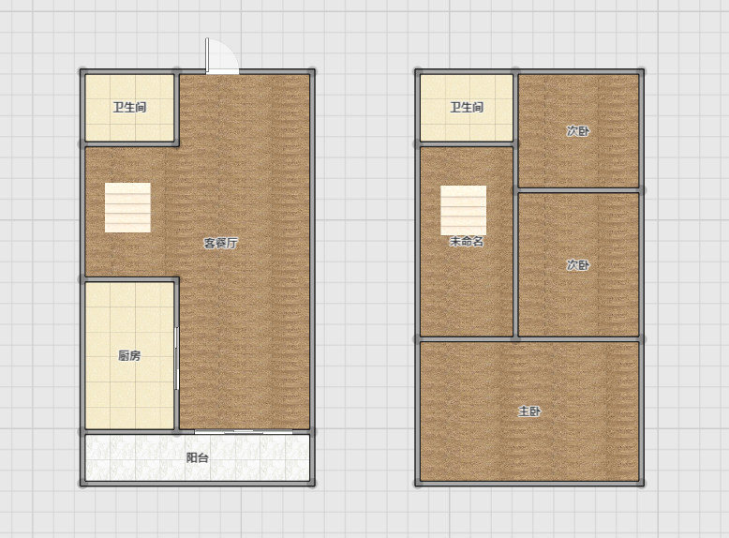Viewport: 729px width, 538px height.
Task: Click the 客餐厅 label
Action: point(221,243)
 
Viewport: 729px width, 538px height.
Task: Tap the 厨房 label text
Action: point(129,356)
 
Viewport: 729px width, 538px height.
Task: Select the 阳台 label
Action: point(197,457)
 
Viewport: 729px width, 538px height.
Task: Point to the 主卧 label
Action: point(529,411)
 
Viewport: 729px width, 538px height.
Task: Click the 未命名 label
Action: point(467,241)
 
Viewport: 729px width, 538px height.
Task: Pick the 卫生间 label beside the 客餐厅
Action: point(129,108)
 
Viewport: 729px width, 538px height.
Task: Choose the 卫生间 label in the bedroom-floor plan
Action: point(467,108)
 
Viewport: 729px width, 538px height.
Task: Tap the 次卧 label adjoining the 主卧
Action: point(578,264)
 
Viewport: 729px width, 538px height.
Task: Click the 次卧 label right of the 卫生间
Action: point(578,130)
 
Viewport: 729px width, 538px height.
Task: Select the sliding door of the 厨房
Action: point(176,358)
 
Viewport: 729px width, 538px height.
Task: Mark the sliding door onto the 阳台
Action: point(244,432)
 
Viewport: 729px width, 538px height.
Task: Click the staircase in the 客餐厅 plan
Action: point(127,207)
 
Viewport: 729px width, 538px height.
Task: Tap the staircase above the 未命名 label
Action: point(464,210)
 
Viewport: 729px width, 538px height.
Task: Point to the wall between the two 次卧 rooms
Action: point(579,190)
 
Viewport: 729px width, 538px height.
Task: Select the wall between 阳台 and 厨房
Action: point(129,431)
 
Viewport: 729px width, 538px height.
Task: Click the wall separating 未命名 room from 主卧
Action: point(467,339)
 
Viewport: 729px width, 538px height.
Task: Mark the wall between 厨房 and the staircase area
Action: point(129,279)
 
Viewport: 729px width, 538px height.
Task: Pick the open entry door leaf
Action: point(207,55)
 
